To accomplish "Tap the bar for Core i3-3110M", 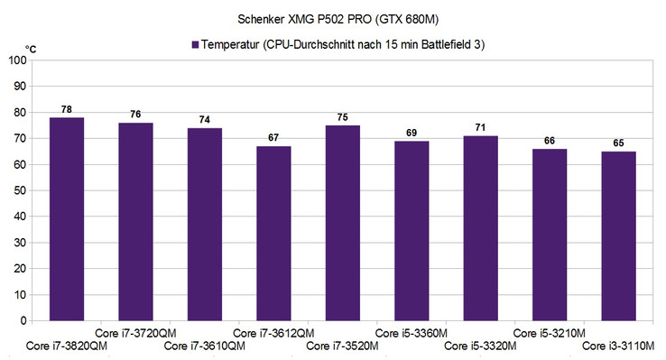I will [617, 235].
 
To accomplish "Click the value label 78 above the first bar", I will [67, 110].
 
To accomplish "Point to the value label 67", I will [273, 138].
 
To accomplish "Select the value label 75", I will [342, 117].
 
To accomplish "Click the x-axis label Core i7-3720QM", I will [135, 333].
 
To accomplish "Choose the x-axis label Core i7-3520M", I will [342, 346].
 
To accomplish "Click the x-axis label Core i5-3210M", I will [549, 333].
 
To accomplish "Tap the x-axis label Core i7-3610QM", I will [205, 346].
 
